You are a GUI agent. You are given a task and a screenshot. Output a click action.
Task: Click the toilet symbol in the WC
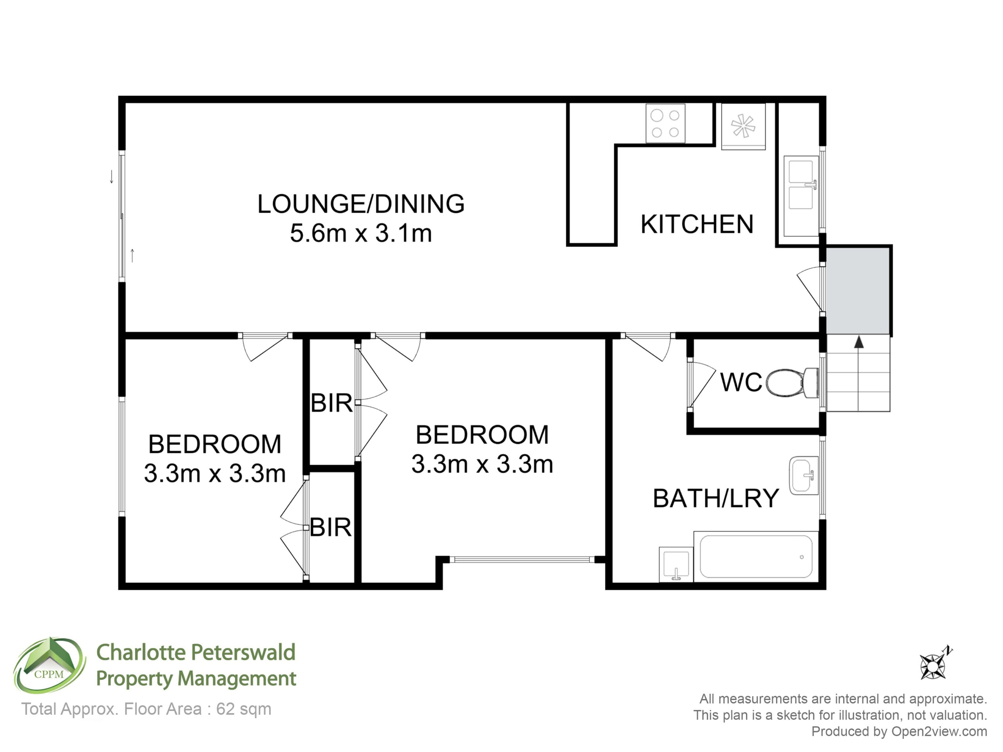(792, 383)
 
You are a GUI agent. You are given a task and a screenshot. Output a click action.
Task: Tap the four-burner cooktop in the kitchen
(665, 123)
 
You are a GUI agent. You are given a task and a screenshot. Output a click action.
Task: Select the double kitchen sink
(801, 196)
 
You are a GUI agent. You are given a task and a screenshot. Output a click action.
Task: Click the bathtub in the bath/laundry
(756, 557)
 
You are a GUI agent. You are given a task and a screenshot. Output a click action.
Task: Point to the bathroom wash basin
(804, 475)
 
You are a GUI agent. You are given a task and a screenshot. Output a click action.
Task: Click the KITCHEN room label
(697, 224)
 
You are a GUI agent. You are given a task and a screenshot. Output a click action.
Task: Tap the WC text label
(741, 382)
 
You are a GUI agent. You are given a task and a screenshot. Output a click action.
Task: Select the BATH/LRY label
(716, 499)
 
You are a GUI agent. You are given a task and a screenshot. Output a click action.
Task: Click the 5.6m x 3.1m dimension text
(361, 233)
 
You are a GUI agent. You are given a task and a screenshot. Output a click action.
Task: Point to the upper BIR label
(331, 403)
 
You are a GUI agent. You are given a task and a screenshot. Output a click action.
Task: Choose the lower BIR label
(331, 528)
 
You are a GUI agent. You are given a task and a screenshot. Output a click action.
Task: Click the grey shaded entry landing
(858, 291)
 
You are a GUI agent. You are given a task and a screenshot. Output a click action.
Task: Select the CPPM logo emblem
(49, 665)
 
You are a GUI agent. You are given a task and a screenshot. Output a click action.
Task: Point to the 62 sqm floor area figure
(243, 709)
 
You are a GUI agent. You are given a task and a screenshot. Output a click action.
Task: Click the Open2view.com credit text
(939, 731)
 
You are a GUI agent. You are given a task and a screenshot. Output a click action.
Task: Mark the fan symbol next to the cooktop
(743, 126)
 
